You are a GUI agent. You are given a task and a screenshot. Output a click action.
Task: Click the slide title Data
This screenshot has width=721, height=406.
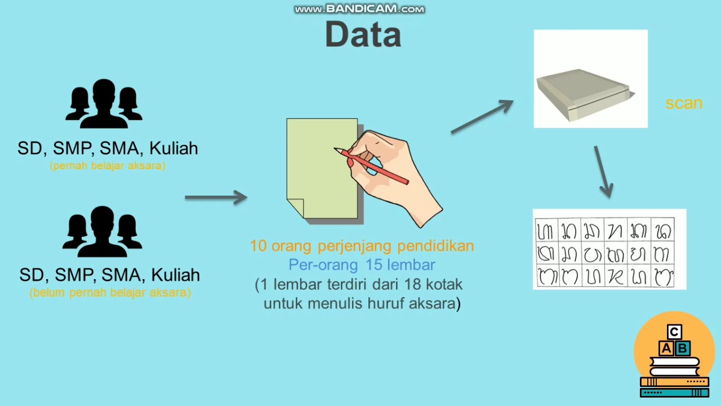[x=363, y=34]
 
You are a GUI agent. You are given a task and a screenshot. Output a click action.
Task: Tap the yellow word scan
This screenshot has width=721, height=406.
[x=683, y=103]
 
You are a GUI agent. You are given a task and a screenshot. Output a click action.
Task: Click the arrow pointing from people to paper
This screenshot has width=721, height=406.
[x=216, y=197]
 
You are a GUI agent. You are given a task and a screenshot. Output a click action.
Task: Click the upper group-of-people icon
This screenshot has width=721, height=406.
[x=104, y=104]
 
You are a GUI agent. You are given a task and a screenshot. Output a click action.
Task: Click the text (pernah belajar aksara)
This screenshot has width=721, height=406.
[x=108, y=166]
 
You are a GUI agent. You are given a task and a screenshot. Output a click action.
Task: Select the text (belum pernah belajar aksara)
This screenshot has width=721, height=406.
[x=110, y=293]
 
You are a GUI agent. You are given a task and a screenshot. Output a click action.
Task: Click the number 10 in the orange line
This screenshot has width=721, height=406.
[x=258, y=246]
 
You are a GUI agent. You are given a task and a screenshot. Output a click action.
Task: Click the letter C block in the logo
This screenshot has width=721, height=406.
[x=674, y=332]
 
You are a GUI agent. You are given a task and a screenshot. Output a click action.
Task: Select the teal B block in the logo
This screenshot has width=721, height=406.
[x=682, y=348]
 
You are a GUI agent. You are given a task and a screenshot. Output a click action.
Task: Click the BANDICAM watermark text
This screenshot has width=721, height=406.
[x=360, y=9]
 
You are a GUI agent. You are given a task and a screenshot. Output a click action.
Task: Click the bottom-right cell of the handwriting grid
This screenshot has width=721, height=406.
[x=662, y=277]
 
